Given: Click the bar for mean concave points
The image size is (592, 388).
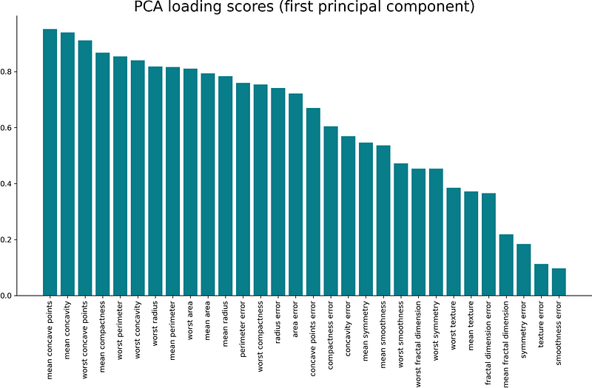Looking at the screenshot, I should pyautogui.click(x=50, y=163).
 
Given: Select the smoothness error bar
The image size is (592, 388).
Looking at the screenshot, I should pyautogui.click(x=559, y=282).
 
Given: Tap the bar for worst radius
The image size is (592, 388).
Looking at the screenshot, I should pyautogui.click(x=155, y=181).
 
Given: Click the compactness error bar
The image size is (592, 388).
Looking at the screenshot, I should pyautogui.click(x=331, y=211).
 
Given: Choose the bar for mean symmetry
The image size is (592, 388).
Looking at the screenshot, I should pyautogui.click(x=366, y=219).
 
